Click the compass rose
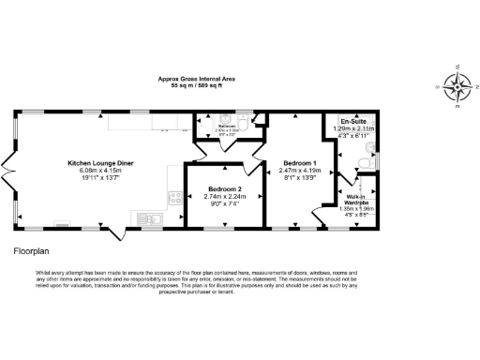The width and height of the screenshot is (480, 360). (x=457, y=87)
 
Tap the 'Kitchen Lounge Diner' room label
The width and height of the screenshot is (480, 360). (x=100, y=163)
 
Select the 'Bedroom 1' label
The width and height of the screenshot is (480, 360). (x=300, y=163)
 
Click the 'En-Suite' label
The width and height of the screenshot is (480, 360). (x=352, y=122)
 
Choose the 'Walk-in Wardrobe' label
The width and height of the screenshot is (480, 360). (x=354, y=200)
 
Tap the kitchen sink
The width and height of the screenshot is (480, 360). (x=152, y=219)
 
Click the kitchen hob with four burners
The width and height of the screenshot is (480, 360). (x=173, y=198)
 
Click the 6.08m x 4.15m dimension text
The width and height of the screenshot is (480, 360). (x=100, y=171)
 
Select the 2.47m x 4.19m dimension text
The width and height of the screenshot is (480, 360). (x=300, y=171)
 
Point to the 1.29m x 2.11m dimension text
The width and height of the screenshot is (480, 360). (x=352, y=129)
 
